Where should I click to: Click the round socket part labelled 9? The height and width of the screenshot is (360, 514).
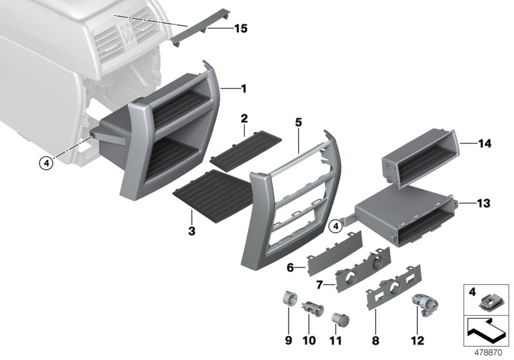point(288,300)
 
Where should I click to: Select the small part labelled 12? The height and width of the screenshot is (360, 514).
point(425,302)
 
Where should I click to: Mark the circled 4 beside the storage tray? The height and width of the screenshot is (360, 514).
point(333,226)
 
